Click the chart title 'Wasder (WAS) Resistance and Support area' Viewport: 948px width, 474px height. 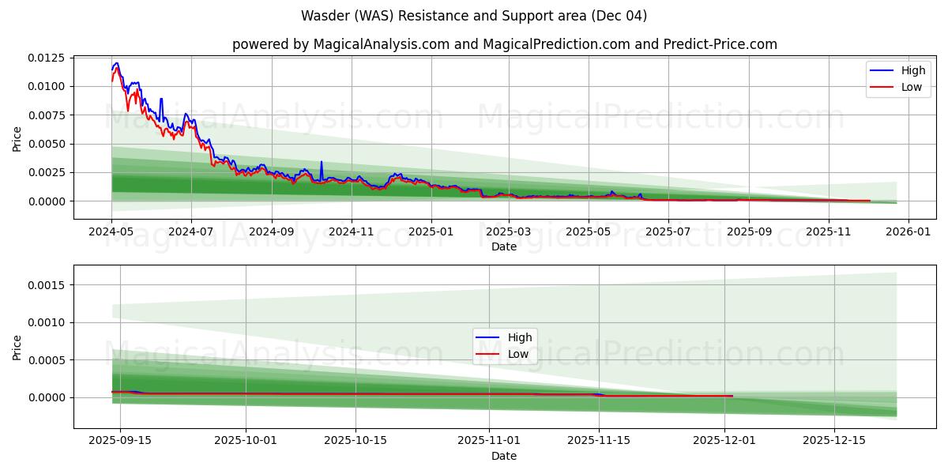click(474, 16)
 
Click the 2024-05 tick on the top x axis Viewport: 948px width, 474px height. click(111, 232)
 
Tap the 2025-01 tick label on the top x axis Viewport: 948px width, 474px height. click(431, 232)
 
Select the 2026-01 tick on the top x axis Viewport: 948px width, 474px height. click(908, 232)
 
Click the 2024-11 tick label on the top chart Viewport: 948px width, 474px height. click(351, 232)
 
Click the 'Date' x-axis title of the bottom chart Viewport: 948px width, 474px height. click(504, 456)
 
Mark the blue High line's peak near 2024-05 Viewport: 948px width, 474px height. click(117, 63)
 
